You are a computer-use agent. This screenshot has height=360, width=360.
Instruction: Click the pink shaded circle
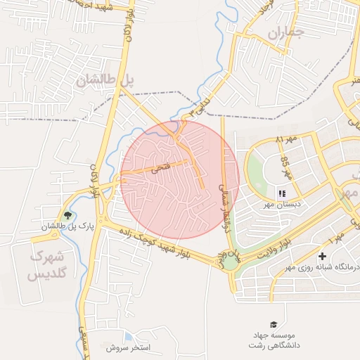pos(179,179)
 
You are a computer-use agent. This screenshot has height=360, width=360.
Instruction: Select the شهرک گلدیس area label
pos(46,265)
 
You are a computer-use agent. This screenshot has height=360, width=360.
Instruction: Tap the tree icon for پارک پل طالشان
pos(67,215)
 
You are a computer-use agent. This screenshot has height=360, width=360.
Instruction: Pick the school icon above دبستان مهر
pos(281,193)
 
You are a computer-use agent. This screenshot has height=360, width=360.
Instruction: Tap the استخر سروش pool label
pos(129,348)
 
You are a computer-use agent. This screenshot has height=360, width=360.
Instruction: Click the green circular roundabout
pos(231,263)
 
